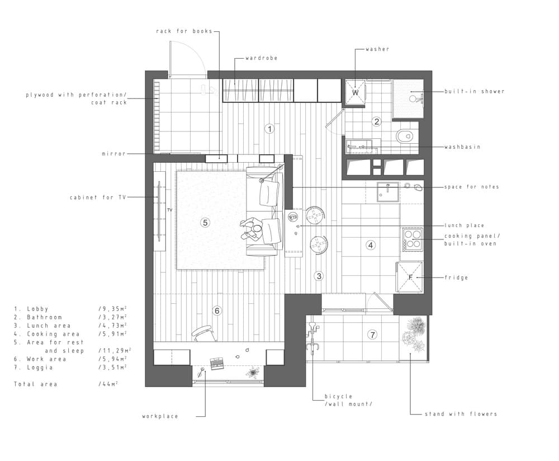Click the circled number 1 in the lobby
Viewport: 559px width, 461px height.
[x=269, y=129]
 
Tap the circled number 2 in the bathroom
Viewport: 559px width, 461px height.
[x=377, y=121]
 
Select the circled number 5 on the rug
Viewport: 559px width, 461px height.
[x=205, y=222]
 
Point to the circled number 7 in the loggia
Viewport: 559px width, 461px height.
[x=372, y=335]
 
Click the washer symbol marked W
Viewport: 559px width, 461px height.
[x=355, y=92]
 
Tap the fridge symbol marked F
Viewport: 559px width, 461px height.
[x=410, y=277]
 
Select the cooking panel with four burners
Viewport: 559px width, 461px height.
[x=411, y=239]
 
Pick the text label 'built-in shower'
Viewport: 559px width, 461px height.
[x=474, y=91]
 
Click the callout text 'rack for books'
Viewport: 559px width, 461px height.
[x=184, y=31]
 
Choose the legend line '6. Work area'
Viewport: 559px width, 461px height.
[x=40, y=359]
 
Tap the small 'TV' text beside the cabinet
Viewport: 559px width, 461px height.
[x=169, y=210]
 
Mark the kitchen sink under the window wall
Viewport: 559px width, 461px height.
[x=387, y=191]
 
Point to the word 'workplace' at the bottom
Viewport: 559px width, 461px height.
[x=160, y=416]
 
